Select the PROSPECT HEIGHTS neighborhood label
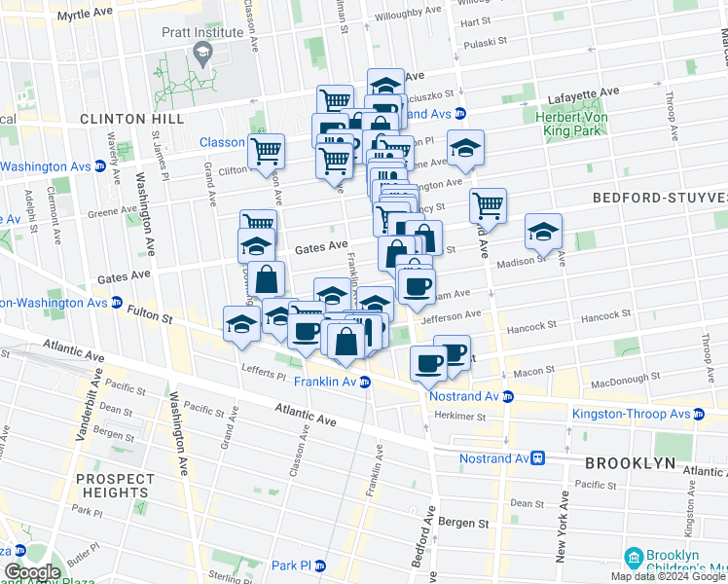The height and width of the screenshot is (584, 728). click(x=114, y=486)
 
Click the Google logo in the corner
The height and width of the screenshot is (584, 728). click(x=31, y=572)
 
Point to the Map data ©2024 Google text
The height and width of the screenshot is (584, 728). click(x=667, y=576)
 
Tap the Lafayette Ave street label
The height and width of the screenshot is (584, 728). click(x=583, y=92)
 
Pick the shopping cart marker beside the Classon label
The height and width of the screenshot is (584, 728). click(x=265, y=153)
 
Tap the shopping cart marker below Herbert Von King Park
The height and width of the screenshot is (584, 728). click(x=487, y=206)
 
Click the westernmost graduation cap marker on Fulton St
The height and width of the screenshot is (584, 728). click(x=240, y=326)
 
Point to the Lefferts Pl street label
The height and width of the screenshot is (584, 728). click(x=264, y=368)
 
